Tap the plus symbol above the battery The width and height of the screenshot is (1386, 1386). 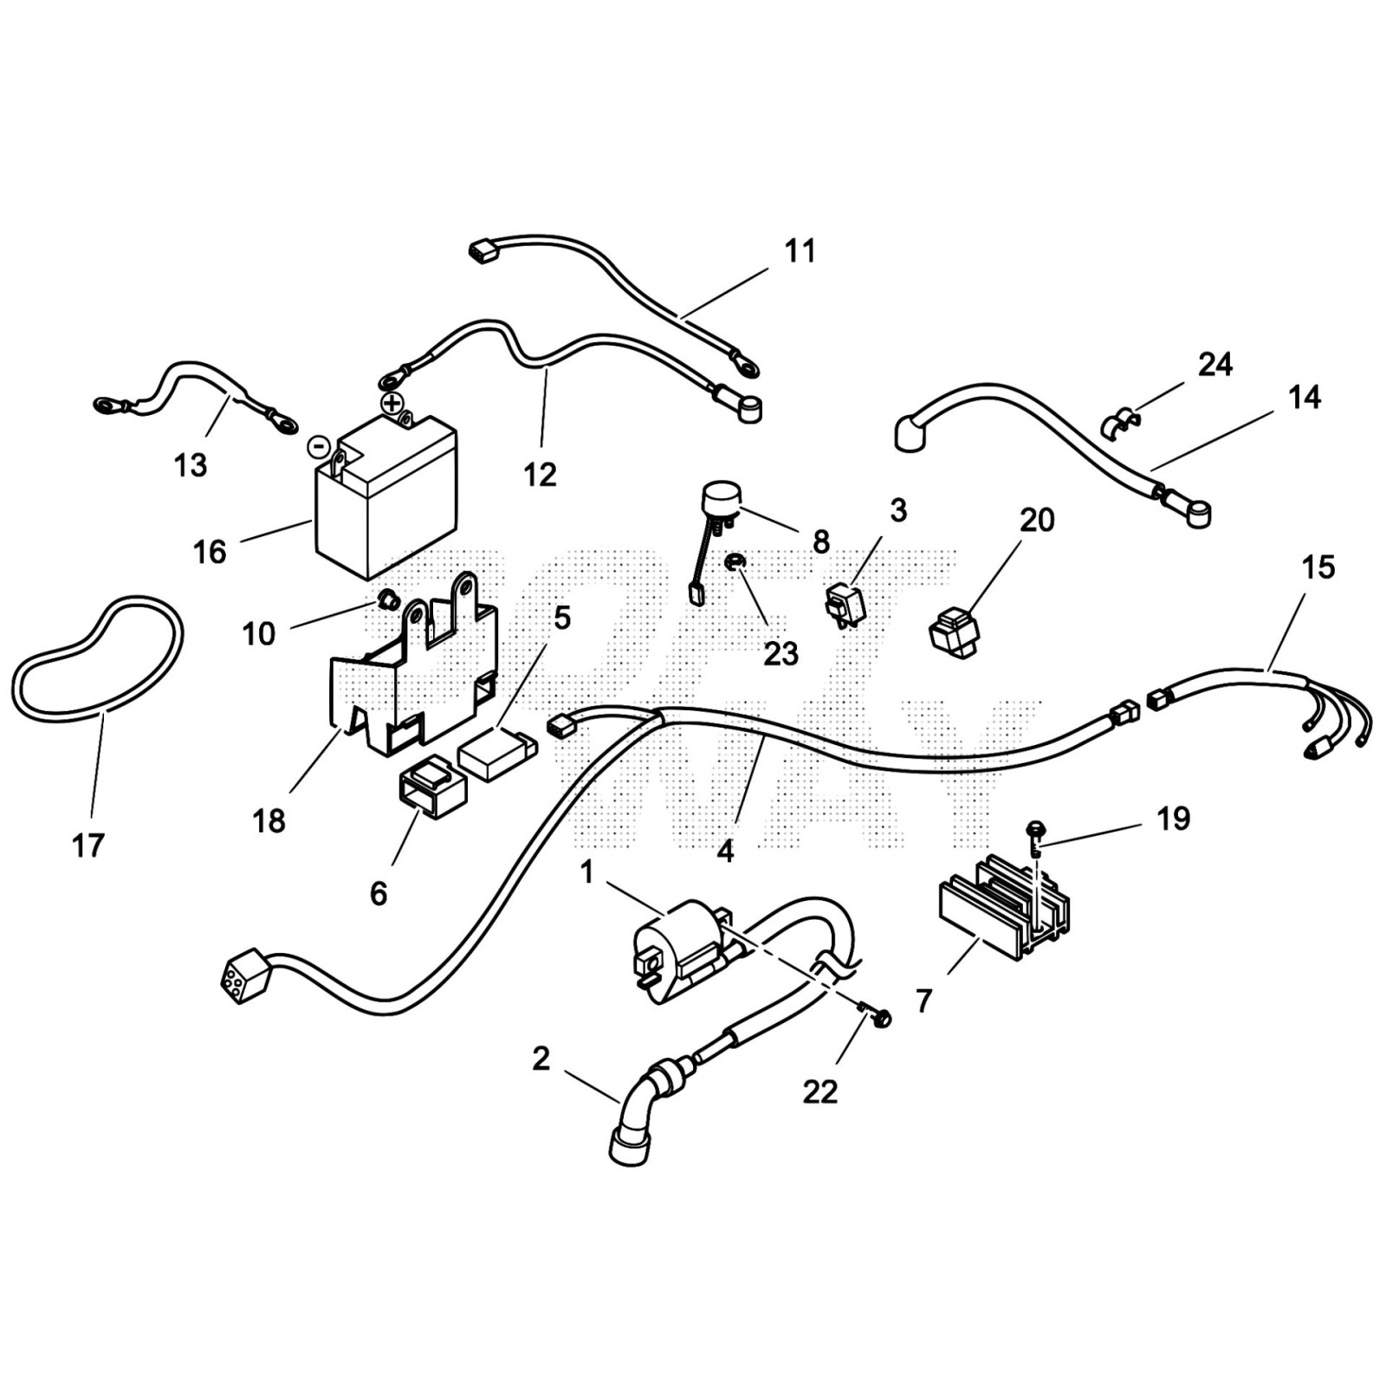392,403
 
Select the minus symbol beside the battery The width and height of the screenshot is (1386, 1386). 320,447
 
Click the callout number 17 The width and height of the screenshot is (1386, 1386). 88,845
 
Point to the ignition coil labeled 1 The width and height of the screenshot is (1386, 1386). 680,949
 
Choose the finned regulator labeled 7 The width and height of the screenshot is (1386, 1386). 1005,905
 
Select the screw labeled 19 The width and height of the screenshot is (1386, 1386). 1034,832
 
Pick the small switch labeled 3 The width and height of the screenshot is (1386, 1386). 845,603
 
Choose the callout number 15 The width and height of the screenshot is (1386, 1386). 1318,567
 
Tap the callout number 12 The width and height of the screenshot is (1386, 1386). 540,474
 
